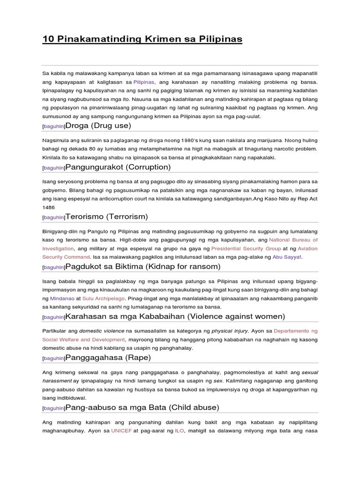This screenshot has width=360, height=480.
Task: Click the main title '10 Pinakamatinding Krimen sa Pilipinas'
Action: pyautogui.click(x=142, y=39)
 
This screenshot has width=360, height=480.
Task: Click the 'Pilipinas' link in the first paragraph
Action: pyautogui.click(x=144, y=82)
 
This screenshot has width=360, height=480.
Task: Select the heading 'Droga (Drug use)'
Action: pyautogui.click(x=98, y=126)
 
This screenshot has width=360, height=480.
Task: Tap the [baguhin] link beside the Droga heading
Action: pyautogui.click(x=53, y=127)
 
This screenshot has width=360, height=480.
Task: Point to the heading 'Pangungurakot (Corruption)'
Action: pyautogui.click(x=118, y=167)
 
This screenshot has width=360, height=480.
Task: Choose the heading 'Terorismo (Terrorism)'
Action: pyautogui.click(x=106, y=217)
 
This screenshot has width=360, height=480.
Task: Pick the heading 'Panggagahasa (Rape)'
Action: pyautogui.click(x=108, y=358)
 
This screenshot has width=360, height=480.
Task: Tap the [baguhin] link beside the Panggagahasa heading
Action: pyautogui.click(x=53, y=359)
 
